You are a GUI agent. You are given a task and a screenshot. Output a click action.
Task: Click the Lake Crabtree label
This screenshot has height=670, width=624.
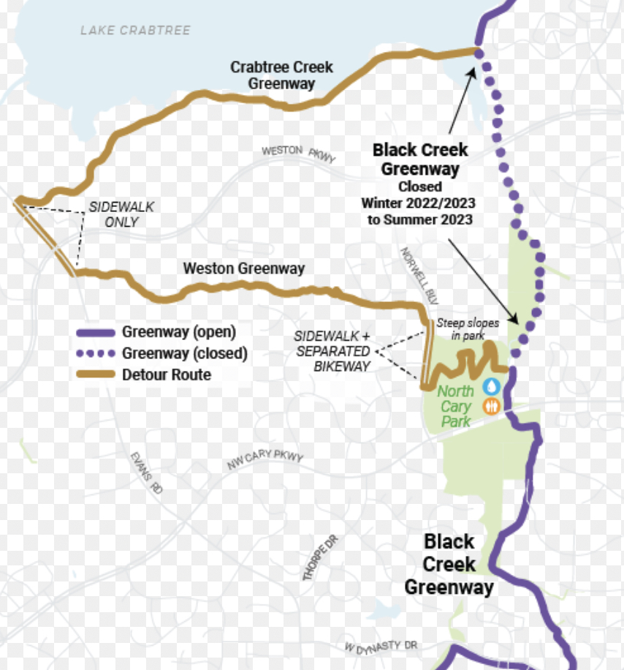[x=135, y=31]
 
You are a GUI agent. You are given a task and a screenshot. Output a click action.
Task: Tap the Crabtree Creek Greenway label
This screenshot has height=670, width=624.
[x=281, y=75]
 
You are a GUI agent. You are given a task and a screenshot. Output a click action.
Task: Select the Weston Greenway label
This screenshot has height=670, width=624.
[x=243, y=268]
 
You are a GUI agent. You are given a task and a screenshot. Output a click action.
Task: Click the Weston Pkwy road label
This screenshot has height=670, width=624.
[x=298, y=153]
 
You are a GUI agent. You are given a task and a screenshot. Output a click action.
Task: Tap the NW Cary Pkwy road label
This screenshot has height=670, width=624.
[x=264, y=461]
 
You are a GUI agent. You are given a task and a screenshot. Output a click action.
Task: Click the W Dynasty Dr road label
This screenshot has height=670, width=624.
[x=381, y=647]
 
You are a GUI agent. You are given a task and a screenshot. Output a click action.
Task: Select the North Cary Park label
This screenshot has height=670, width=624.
[x=456, y=406]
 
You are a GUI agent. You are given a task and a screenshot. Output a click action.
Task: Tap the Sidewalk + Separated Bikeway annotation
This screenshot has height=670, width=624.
[x=332, y=351]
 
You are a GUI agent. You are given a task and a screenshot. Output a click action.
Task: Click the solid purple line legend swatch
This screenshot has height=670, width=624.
[x=96, y=332]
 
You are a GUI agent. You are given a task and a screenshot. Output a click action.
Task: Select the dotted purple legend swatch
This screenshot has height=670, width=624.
[x=96, y=354]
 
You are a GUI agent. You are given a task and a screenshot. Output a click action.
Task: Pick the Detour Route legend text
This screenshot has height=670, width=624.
[x=167, y=375]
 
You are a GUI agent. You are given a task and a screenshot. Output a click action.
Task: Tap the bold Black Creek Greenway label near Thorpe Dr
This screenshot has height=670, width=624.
[x=449, y=564]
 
